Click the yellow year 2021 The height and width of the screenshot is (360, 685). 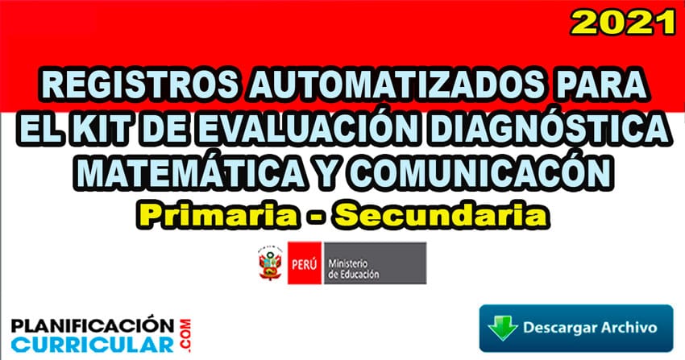point(623,22)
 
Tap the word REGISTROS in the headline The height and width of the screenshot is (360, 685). point(140,85)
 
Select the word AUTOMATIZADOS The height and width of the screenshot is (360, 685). point(395,85)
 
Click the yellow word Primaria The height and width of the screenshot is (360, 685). point(217,216)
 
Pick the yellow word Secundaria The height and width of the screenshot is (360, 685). point(442,216)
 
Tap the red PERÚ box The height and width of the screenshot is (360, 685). point(304,263)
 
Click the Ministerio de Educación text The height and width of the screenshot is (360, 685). point(354,268)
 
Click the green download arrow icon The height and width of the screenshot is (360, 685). point(503,328)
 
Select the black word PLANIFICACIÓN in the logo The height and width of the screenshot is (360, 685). point(93,326)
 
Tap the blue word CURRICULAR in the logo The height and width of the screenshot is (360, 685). point(93,344)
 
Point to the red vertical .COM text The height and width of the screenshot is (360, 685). point(185,335)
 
